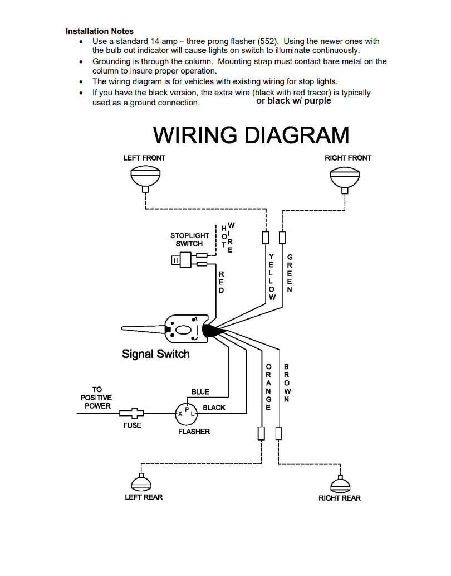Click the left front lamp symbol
[145, 177]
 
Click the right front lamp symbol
[345, 177]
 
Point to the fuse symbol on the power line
[132, 413]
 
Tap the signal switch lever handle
[145, 328]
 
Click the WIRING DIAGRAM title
[251, 135]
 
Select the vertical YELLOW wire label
[272, 277]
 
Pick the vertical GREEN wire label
[290, 273]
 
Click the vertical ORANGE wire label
[268, 387]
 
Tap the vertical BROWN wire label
[286, 383]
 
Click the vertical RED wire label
[221, 282]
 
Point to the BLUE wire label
[200, 392]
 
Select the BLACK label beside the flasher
[214, 408]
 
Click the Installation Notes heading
[99, 31]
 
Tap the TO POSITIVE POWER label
[96, 398]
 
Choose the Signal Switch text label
[156, 354]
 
